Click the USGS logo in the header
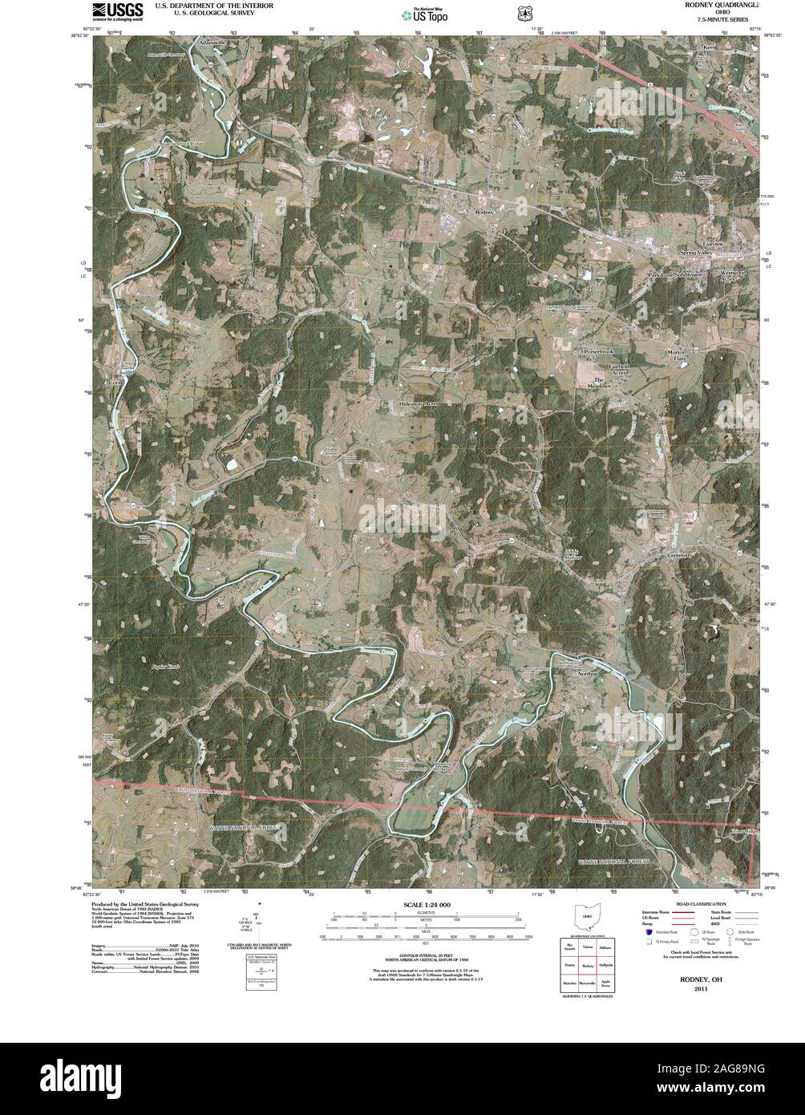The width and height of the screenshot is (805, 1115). [x=117, y=10]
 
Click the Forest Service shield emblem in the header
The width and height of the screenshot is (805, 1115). [x=524, y=14]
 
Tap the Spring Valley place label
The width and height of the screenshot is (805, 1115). [x=696, y=253]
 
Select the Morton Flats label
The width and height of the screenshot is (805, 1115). [x=678, y=355]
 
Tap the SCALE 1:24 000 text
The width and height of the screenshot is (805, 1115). [x=427, y=905]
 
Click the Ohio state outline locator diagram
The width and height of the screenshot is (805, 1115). [x=587, y=918]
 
